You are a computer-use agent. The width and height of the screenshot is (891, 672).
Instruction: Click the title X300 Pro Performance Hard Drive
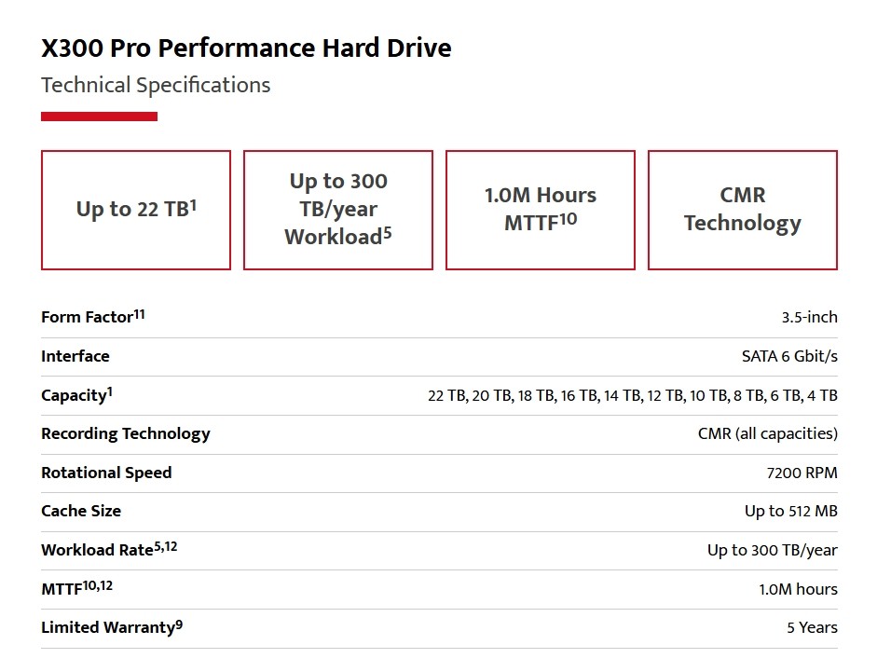[x=246, y=48]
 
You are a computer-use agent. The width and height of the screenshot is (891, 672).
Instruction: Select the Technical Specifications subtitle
[x=156, y=86]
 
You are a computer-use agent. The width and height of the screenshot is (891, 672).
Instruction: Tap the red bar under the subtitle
[x=99, y=117]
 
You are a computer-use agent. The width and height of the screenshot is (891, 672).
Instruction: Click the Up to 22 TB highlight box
[x=136, y=210]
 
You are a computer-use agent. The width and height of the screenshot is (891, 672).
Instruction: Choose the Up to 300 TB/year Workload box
[x=338, y=210]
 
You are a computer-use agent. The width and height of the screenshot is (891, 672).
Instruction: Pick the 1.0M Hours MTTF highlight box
[x=541, y=210]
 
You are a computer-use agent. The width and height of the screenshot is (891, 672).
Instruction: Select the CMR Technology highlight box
[x=743, y=210]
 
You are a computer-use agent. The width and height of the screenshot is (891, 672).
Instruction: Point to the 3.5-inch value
[x=809, y=317]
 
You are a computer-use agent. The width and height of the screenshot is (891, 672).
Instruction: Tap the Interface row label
[x=75, y=356]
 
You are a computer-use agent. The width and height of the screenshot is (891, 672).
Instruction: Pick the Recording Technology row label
[x=126, y=433]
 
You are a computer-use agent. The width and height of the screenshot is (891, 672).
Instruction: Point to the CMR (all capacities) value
[x=767, y=433]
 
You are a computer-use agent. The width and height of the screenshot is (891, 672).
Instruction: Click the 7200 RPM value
[x=802, y=473]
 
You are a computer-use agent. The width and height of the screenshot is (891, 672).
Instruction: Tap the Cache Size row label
[x=81, y=511]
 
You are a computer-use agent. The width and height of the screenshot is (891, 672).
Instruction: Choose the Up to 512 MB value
[x=790, y=511]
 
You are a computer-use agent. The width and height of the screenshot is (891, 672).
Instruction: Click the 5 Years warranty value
[x=812, y=627]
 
